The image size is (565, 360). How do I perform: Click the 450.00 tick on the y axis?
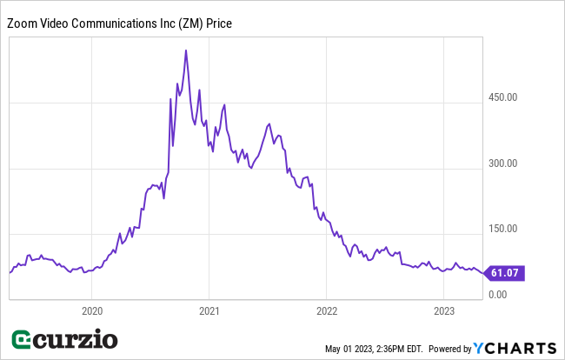pyautogui.click(x=502, y=97)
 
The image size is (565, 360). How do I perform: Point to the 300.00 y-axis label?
pyautogui.click(x=502, y=163)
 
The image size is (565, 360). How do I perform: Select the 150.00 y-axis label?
pyautogui.click(x=502, y=230)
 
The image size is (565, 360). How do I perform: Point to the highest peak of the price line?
pyautogui.click(x=186, y=50)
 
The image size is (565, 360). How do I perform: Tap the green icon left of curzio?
pyautogui.click(x=23, y=339)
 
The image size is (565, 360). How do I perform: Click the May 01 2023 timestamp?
pyautogui.click(x=374, y=349)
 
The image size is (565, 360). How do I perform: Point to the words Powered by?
pyautogui.click(x=449, y=349)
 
